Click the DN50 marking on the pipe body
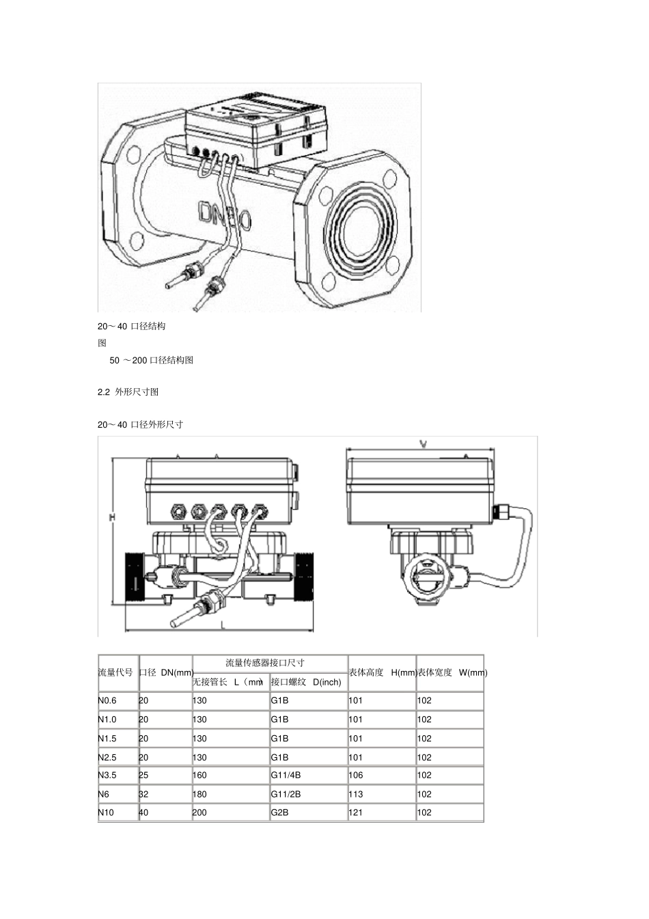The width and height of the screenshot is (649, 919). [x=225, y=215]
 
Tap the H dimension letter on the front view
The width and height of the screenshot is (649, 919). [x=112, y=518]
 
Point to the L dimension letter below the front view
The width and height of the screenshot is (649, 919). [x=223, y=625]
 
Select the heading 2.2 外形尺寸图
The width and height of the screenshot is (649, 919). [x=128, y=392]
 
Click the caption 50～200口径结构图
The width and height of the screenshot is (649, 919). [x=151, y=360]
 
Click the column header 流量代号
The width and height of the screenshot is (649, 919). [x=115, y=672]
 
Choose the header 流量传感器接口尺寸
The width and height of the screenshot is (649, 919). [x=265, y=663]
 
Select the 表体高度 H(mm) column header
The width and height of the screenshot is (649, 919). [x=382, y=672]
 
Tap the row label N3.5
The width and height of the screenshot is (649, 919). [x=107, y=776]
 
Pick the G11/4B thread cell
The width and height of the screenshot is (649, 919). [x=286, y=776]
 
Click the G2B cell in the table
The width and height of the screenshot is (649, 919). [x=279, y=812]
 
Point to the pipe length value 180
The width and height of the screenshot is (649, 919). [x=199, y=794]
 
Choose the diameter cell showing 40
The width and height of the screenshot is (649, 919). [x=143, y=812]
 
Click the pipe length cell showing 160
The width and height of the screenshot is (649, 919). [x=199, y=776]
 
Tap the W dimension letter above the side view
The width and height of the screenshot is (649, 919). [x=423, y=444]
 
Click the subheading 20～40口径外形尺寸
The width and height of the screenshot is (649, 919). [x=140, y=424]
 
